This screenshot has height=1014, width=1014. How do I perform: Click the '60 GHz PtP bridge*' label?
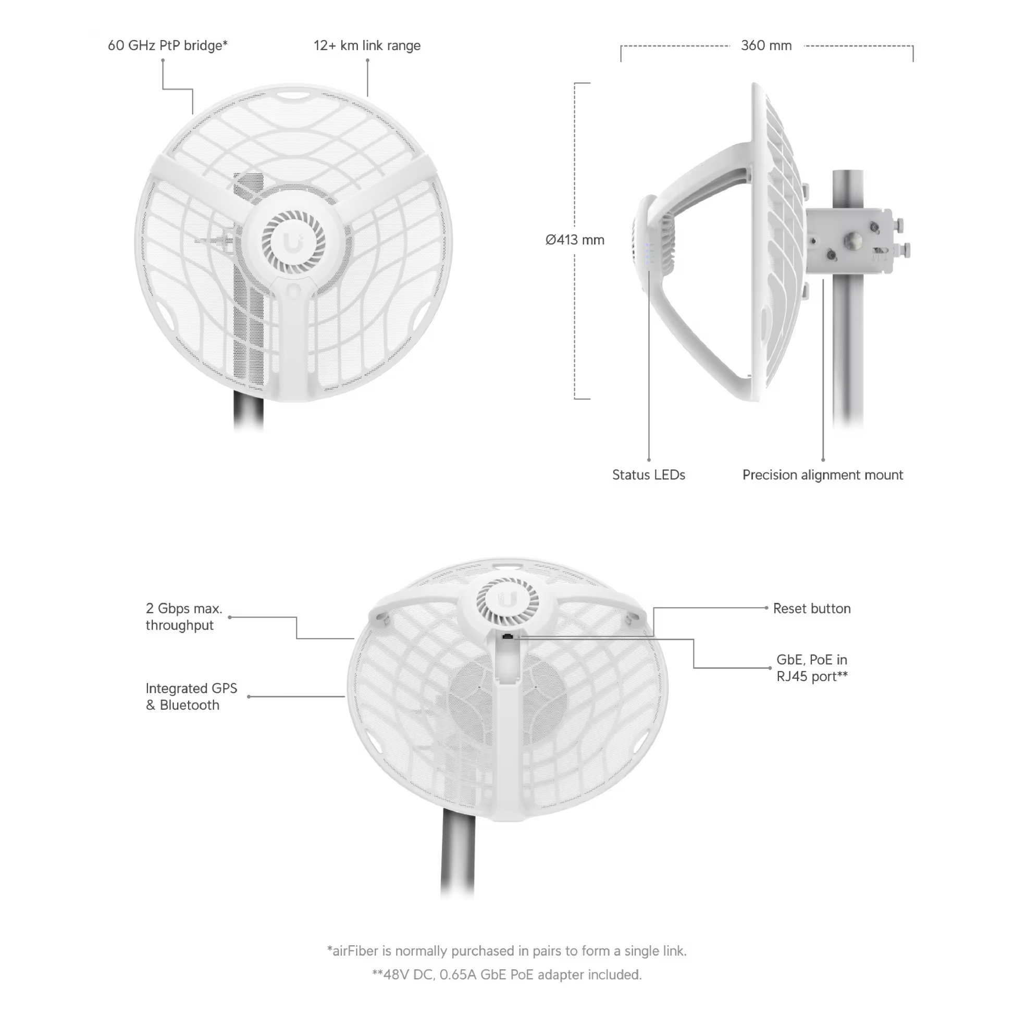coord(167,46)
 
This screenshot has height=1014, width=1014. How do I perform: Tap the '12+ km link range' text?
coord(367,46)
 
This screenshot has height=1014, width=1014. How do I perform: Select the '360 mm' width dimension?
coord(766,46)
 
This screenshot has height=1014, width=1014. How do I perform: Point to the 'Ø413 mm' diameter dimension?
coord(575,240)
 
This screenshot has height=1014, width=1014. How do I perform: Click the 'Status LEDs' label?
coord(649,475)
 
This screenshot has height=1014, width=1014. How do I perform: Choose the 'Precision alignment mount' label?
coord(822,475)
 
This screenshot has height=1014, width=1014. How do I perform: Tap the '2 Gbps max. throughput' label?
coord(184,617)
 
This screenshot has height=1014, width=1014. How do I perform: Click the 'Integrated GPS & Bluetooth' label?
coord(192,697)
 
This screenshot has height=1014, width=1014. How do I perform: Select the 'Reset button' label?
coord(812,608)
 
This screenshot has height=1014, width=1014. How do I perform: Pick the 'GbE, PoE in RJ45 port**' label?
coord(812,667)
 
